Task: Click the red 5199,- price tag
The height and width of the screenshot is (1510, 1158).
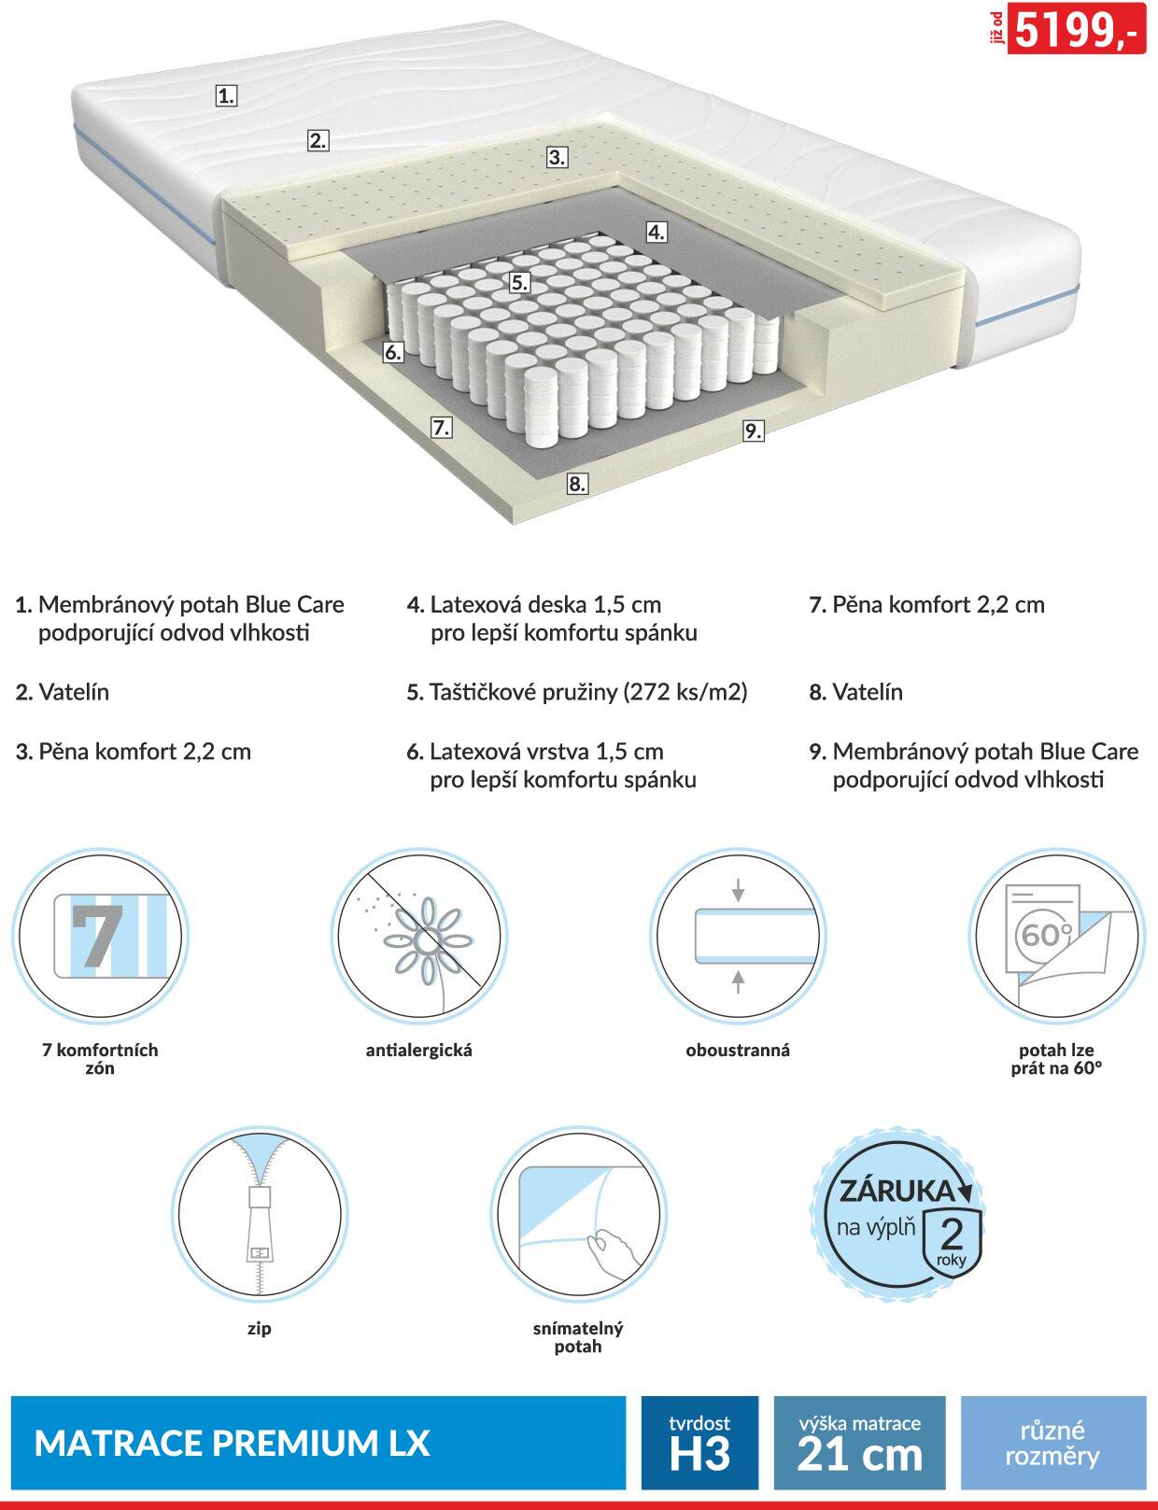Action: (1076, 28)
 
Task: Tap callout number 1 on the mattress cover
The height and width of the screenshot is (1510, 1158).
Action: (226, 95)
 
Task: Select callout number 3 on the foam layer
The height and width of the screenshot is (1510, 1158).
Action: (557, 157)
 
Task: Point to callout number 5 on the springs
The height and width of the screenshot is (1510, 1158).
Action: (519, 283)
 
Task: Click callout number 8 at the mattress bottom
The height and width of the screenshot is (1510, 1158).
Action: (577, 484)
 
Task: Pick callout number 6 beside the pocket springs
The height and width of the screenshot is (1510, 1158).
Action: (393, 352)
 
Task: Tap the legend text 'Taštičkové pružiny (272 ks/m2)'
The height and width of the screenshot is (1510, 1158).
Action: (587, 692)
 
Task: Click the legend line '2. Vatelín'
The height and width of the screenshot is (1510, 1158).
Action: (63, 692)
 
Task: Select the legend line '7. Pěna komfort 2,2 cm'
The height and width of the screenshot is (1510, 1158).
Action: (926, 604)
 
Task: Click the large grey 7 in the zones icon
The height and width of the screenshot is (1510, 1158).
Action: (96, 936)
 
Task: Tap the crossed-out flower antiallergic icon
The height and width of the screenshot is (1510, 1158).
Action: (419, 936)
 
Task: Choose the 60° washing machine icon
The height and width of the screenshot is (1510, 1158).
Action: (1056, 936)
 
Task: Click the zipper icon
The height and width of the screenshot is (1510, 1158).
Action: (260, 1213)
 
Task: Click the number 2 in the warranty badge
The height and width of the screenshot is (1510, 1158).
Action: (951, 1232)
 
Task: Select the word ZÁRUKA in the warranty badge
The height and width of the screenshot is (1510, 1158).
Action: (897, 1191)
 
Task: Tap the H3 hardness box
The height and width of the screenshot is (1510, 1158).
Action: (699, 1443)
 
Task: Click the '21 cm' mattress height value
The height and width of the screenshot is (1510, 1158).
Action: (860, 1454)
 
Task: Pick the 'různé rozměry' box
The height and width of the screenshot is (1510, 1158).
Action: (1053, 1443)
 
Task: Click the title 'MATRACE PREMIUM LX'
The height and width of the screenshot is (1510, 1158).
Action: (232, 1444)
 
